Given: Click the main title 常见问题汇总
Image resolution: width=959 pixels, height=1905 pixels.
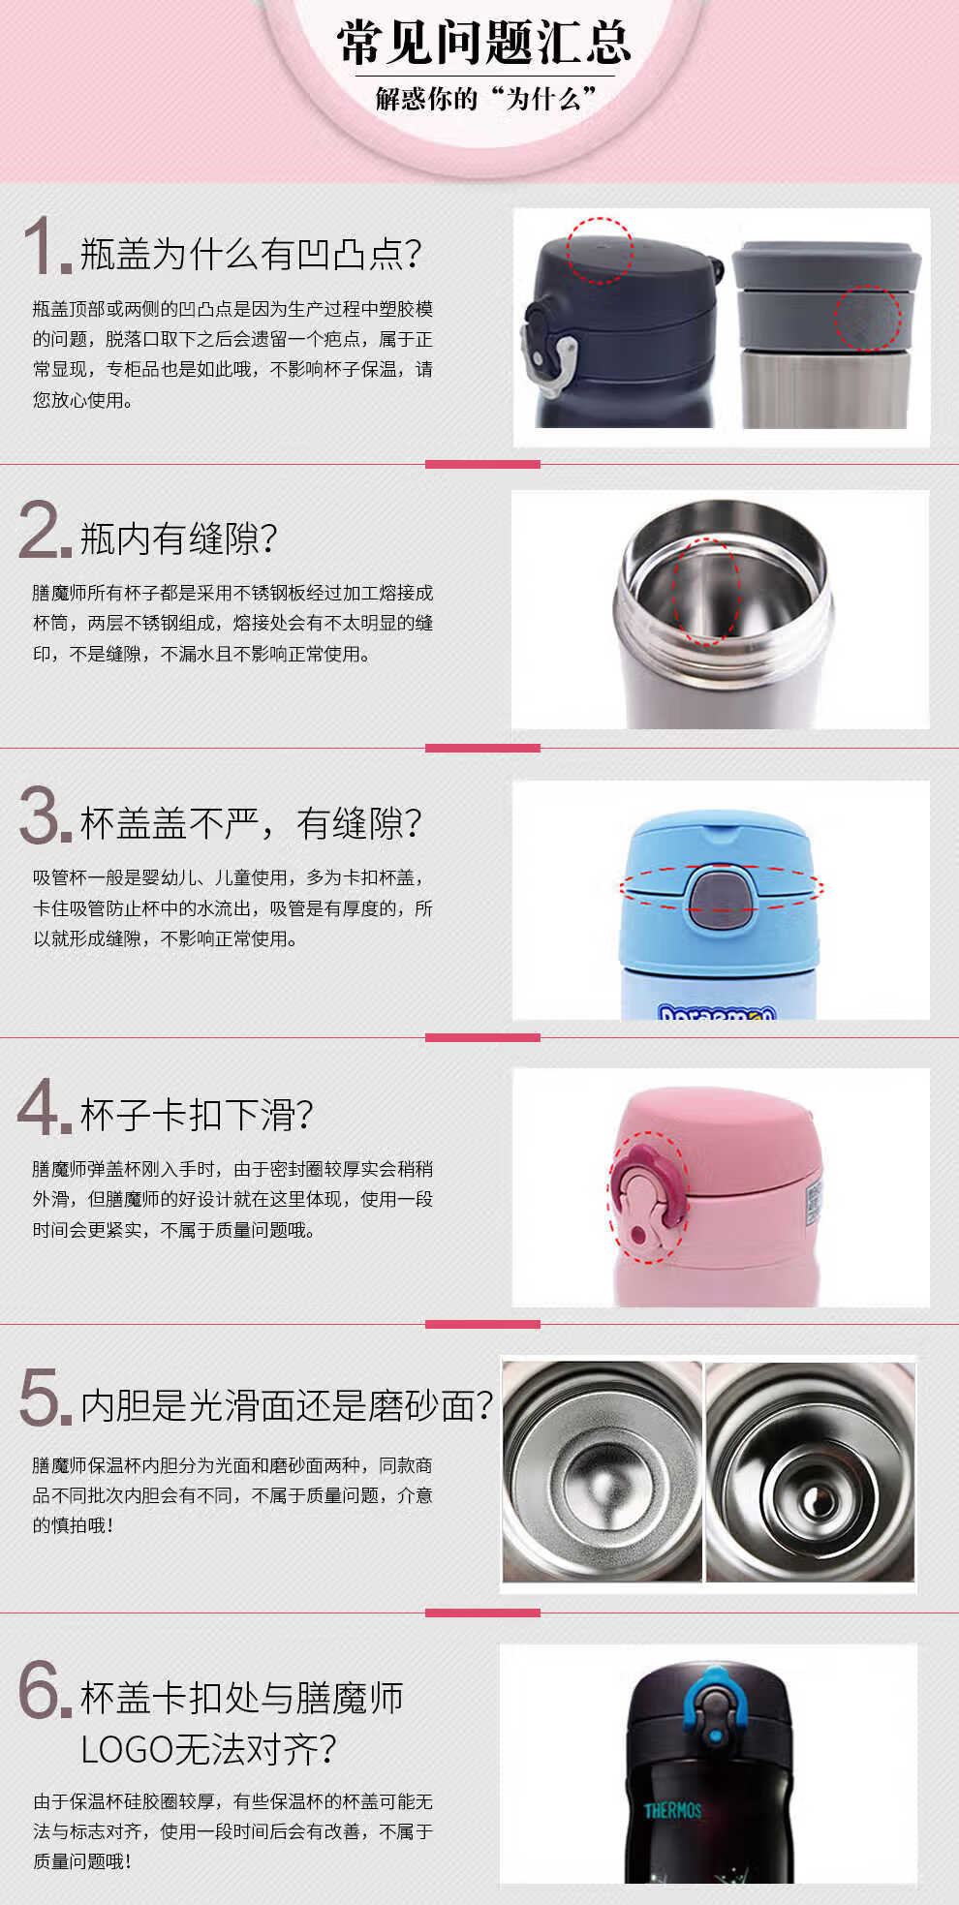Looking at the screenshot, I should (x=483, y=42).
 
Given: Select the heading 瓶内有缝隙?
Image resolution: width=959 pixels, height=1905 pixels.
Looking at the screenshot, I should (x=178, y=538).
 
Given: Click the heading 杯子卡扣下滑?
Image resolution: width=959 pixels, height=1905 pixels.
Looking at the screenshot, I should (x=197, y=1114).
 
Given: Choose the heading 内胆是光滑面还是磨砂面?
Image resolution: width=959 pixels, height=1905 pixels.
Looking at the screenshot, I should (x=287, y=1405).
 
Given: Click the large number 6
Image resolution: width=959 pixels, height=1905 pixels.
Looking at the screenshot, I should (x=44, y=1689).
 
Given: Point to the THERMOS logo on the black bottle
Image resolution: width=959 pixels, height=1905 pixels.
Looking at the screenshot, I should (x=672, y=1810).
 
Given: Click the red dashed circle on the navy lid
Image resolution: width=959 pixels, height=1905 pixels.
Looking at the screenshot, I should (x=600, y=250).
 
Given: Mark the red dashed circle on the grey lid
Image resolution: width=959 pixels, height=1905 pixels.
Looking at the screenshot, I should (x=868, y=318).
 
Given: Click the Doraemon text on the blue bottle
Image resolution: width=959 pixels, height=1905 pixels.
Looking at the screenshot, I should (x=717, y=1012).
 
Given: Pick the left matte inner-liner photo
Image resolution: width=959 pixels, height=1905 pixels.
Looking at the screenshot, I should (x=602, y=1472).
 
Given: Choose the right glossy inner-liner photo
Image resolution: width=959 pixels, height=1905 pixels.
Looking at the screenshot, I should (x=810, y=1472).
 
